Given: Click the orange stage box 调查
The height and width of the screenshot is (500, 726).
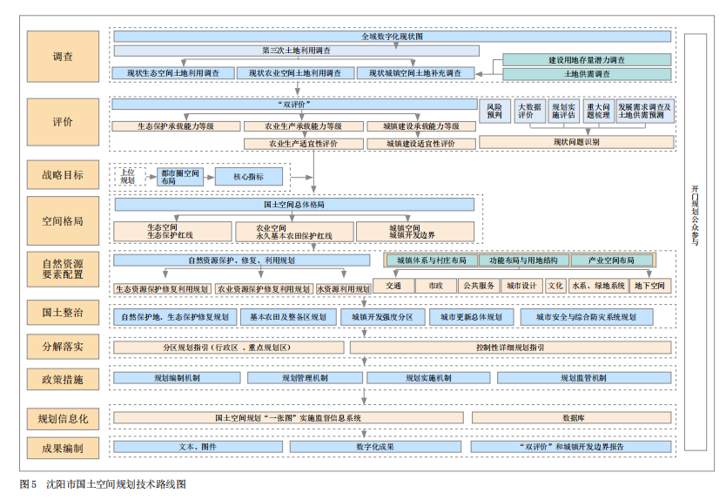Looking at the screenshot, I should [x=63, y=57].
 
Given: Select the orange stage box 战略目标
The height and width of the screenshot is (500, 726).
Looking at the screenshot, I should [x=63, y=175].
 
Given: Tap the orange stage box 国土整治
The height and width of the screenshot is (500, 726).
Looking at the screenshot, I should [x=63, y=312].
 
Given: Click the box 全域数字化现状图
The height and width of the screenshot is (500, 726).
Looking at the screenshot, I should [x=392, y=37].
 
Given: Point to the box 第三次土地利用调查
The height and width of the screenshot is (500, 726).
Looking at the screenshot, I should [x=296, y=51].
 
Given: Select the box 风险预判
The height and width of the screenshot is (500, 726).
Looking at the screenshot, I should [x=494, y=111].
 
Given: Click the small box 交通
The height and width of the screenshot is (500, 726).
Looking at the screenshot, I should [x=393, y=286].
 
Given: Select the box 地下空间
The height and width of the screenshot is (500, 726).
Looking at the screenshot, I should [x=649, y=286].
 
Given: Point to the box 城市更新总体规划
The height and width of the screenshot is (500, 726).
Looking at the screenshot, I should [x=470, y=316].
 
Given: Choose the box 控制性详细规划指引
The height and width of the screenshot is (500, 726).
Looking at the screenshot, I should [x=510, y=348].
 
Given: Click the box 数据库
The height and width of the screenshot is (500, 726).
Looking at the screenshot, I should [x=572, y=418].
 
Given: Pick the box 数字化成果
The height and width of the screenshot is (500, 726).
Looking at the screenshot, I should [x=374, y=447].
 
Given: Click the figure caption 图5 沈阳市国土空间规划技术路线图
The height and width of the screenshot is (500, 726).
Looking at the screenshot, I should [x=103, y=484].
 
